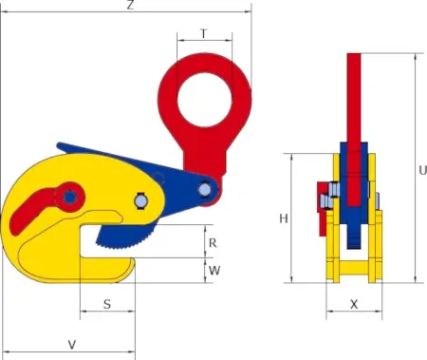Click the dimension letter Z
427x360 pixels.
coord(130,5)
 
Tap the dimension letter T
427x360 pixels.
coord(204,33)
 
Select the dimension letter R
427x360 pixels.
coord(213,243)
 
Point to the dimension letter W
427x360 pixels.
coord(214,271)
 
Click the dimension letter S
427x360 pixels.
coord(107,304)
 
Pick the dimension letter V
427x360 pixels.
coord(72,345)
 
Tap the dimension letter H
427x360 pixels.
coord(284,218)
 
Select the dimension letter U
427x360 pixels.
coord(422,171)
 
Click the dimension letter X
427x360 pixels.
coord(354,304)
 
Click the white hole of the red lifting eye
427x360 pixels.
coord(205,101)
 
